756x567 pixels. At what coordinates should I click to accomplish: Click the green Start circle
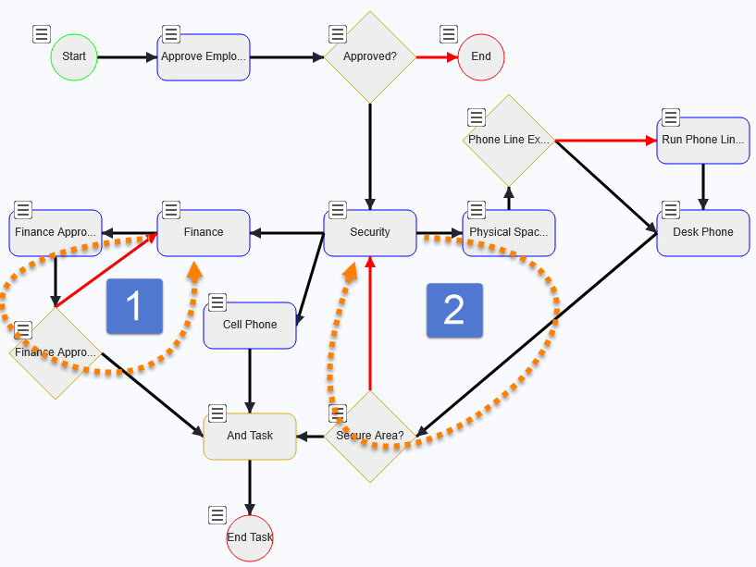74,56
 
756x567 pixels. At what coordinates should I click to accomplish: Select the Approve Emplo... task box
204,56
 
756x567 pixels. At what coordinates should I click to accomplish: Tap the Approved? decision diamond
370,56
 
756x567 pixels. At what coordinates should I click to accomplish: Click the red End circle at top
481,56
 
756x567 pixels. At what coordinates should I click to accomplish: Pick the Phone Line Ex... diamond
508,141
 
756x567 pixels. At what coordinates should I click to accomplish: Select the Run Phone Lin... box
703,141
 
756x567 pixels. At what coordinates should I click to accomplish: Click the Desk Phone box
703,232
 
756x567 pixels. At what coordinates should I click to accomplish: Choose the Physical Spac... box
509,232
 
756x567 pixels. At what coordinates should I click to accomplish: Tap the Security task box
370,232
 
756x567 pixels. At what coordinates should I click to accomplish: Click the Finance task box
204,232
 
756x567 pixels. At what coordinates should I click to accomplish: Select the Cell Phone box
250,325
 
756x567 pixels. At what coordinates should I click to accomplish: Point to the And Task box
250,436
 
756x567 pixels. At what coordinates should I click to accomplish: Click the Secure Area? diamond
370,436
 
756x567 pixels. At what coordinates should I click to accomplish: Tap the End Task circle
250,537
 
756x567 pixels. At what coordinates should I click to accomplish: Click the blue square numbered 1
134,306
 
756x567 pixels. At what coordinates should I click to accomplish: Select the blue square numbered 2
453,311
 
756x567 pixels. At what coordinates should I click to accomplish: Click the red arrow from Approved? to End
436,56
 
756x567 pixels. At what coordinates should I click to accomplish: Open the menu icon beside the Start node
42,34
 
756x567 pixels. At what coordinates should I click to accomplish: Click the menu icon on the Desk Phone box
671,210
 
